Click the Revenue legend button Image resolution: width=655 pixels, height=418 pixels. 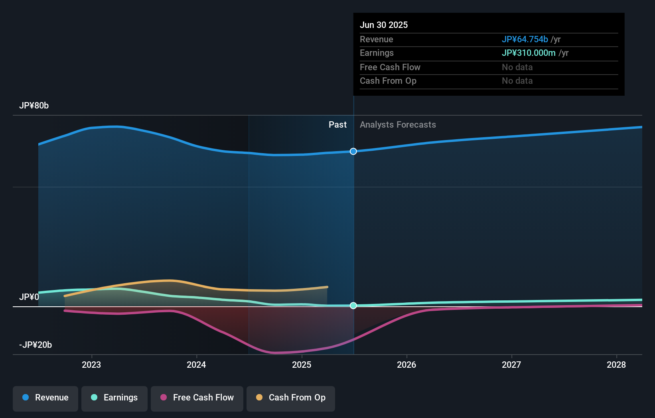coord(45,398)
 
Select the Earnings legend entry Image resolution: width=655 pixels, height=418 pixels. coord(114,398)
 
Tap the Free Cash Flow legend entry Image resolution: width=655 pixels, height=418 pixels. coord(197,398)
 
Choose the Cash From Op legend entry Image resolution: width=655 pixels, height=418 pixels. coord(291,398)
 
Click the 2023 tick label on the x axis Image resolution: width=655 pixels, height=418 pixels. coord(91,365)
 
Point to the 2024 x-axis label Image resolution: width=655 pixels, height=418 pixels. coord(196,365)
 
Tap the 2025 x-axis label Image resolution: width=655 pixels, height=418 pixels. coord(302,365)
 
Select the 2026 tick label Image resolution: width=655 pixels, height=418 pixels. coord(406,365)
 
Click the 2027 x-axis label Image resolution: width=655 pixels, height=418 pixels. coord(511,365)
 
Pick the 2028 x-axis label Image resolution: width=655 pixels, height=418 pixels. coord(616,365)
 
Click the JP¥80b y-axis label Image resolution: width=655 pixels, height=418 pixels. coord(34,106)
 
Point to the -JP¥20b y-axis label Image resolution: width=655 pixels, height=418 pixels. coord(36,345)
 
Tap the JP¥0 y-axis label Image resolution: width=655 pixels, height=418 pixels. coord(29,297)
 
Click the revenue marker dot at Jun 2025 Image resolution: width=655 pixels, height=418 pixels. coord(353,151)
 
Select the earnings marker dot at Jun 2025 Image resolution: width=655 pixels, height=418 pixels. coord(353,306)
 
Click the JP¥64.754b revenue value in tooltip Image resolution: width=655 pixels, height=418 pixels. coord(525,39)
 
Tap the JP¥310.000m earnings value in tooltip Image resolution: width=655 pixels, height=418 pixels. coord(529,53)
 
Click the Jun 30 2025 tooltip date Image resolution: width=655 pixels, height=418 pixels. coord(384,25)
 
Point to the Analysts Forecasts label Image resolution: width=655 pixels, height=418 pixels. coord(398,125)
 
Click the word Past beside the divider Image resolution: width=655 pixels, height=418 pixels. coord(337,125)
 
